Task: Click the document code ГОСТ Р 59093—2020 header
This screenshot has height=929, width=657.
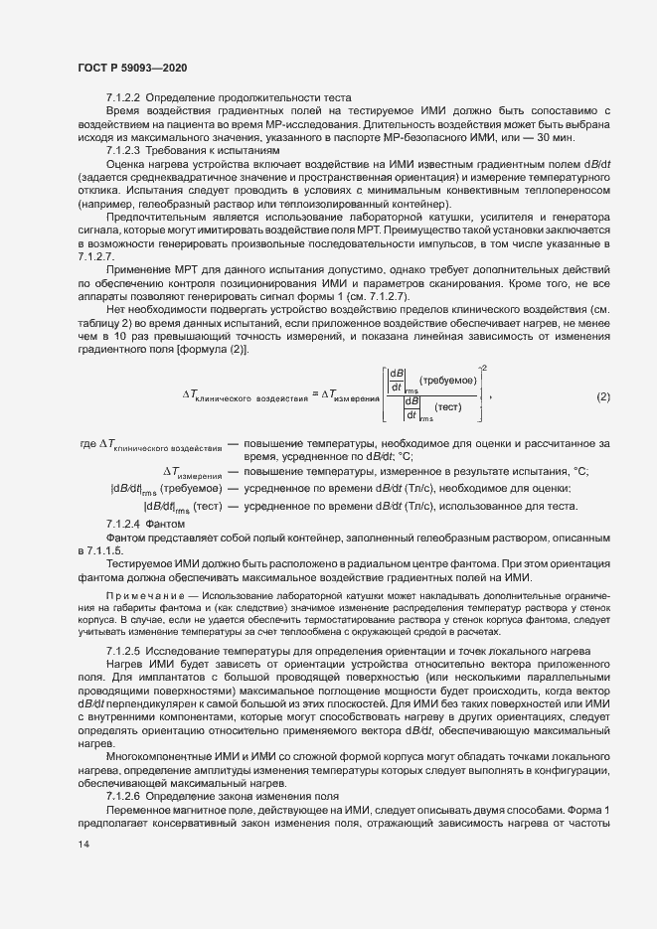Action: point(131,67)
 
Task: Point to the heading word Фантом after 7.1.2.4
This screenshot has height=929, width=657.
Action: point(165,523)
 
